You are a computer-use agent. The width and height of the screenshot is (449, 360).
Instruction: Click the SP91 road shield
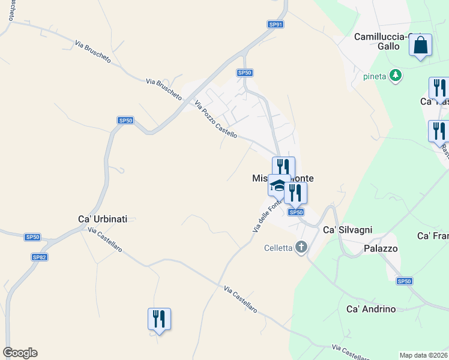click(276, 25)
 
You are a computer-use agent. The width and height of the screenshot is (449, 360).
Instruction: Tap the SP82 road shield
click(40, 257)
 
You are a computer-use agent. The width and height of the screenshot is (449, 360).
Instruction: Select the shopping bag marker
click(421, 45)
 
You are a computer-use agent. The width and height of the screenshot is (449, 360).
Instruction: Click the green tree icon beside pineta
click(395, 76)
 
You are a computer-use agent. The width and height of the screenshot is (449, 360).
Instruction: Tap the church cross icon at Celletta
click(301, 247)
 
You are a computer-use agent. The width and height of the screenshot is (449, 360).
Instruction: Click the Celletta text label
click(278, 248)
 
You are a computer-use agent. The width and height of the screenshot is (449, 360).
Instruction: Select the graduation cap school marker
click(277, 185)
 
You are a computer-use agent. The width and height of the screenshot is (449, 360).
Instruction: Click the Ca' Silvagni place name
click(348, 230)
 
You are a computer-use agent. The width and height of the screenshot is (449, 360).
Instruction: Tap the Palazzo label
click(381, 248)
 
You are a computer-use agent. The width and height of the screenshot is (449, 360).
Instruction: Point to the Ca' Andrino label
click(372, 309)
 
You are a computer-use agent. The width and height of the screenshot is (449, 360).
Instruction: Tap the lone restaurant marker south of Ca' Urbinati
click(159, 319)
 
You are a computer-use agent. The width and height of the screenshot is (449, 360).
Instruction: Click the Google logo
click(20, 353)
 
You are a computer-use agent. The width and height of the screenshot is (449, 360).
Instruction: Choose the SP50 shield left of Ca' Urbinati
click(32, 238)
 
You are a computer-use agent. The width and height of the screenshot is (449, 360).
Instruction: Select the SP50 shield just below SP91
click(244, 73)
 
